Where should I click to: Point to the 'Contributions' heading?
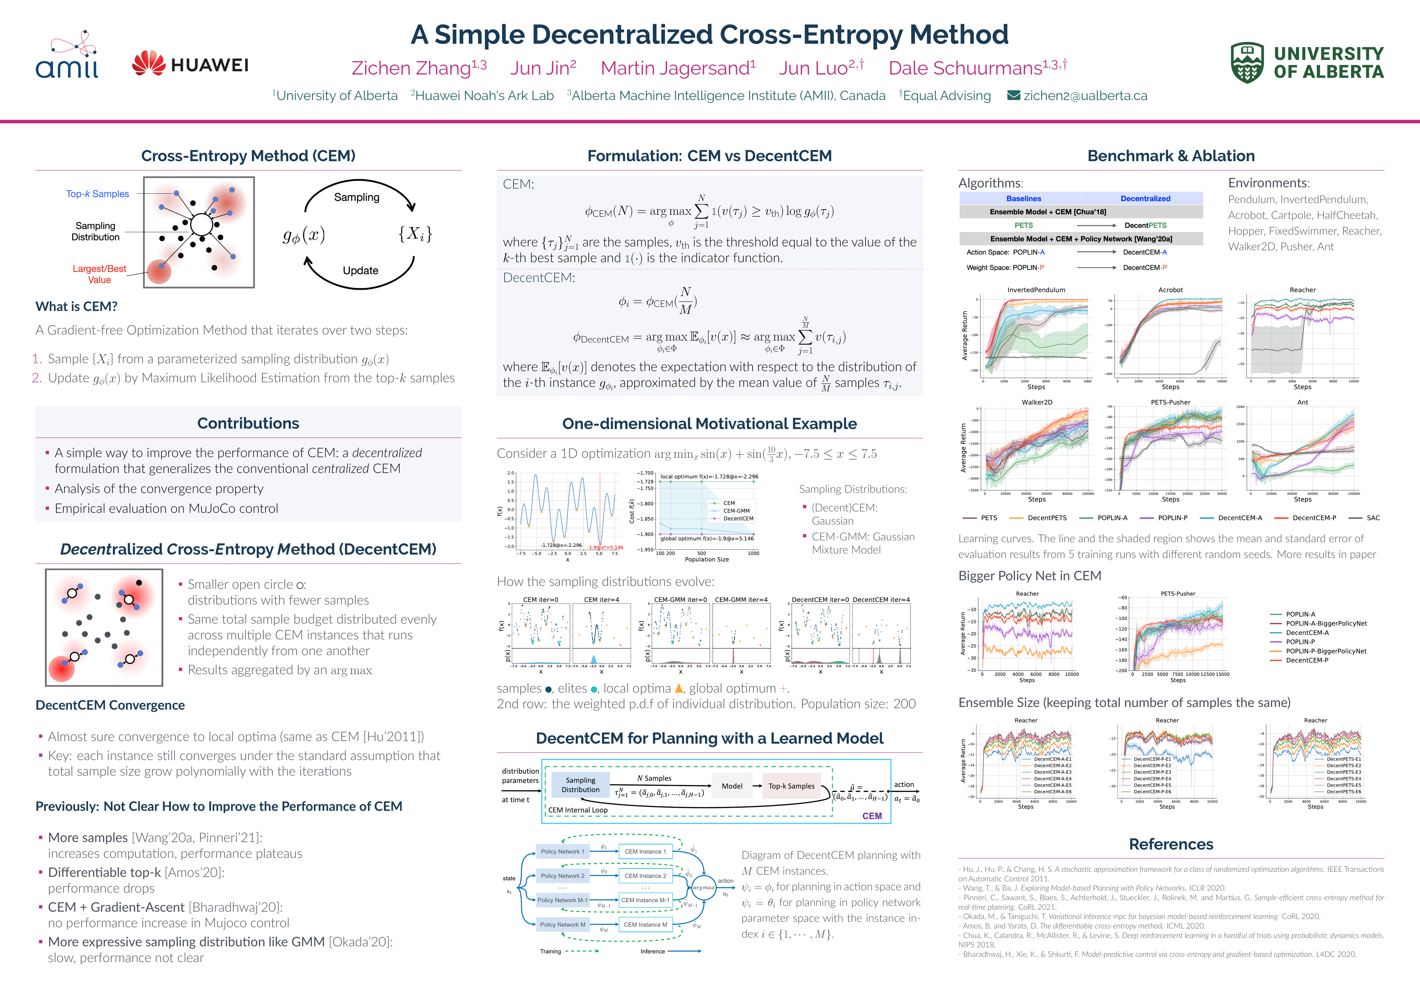(x=248, y=423)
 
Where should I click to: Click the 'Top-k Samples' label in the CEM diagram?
(x=98, y=193)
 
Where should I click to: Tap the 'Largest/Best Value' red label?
(x=99, y=274)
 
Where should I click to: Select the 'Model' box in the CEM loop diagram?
(x=732, y=786)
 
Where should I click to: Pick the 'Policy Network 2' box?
(x=562, y=876)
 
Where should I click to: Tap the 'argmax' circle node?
(x=703, y=888)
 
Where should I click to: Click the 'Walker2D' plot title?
(x=1037, y=402)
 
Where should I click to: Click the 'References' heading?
(x=1171, y=844)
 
